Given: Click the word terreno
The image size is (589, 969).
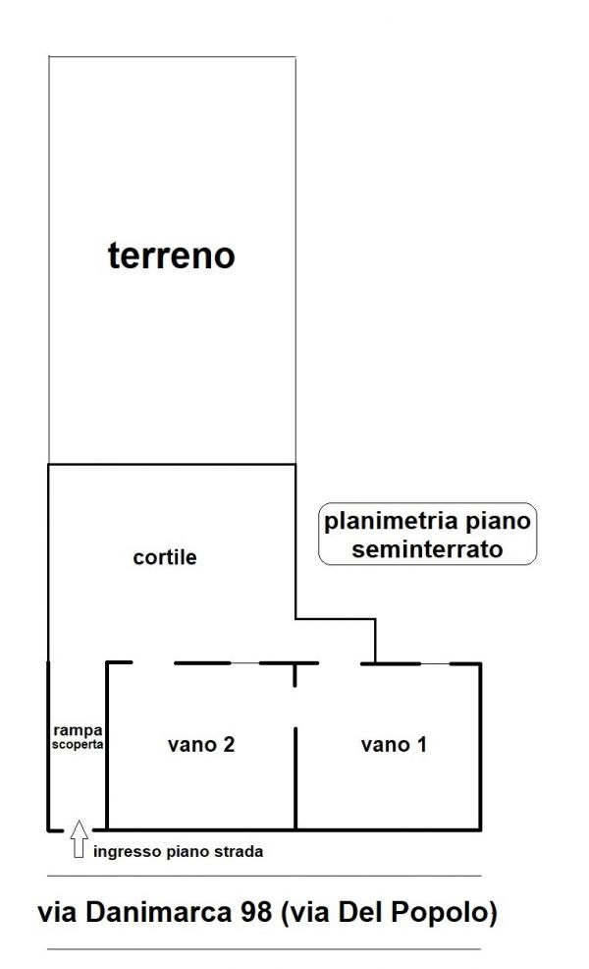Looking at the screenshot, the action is tap(172, 256).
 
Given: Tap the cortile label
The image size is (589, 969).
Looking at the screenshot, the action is tap(165, 557).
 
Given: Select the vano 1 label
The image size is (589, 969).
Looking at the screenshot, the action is tap(394, 744).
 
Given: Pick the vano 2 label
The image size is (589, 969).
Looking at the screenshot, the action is tap(201, 744).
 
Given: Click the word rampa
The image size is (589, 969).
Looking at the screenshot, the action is tap(78, 731).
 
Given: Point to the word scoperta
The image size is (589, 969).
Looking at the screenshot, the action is tap(78, 744).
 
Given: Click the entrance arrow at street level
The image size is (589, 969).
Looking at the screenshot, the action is tap(79, 838).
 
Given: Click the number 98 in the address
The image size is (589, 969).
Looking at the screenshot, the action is tap(255, 912).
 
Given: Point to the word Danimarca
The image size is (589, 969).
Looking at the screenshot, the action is tap(158, 912).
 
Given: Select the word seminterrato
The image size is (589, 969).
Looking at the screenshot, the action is tap(427, 548).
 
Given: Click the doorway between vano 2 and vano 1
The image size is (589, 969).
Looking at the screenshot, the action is tap(295, 707).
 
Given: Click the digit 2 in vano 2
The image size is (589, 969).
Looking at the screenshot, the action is tap(229, 744).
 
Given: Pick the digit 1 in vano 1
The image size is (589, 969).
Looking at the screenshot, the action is tap(422, 744).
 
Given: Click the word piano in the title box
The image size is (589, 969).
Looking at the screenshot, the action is tap(498, 522).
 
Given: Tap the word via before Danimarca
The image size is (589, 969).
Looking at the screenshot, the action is tap(59, 912).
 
